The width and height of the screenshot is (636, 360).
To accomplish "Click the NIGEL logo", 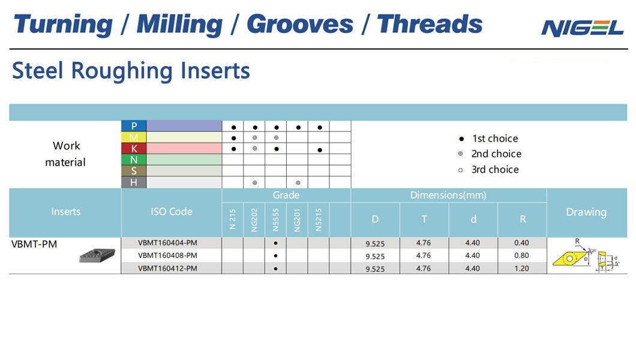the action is [583, 28].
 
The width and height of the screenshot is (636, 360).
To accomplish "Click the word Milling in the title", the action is [179, 25].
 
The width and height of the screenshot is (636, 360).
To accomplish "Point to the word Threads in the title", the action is [430, 25].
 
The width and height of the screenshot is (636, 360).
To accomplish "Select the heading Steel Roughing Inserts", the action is [131, 71].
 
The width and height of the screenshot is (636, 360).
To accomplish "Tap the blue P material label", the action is [134, 126].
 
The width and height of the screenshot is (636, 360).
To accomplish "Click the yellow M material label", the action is [134, 137].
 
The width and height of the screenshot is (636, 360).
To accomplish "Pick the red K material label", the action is [134, 148].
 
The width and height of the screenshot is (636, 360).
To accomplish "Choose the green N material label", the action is [134, 160].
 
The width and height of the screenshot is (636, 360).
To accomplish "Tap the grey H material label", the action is [134, 182].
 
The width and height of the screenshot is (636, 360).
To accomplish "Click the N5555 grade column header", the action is [276, 220].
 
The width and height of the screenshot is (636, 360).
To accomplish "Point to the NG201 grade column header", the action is [298, 220].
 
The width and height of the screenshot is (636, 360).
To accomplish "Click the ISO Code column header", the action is [172, 212].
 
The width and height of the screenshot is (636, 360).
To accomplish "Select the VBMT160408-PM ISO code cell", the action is [167, 256].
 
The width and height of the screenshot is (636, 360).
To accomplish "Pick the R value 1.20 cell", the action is [521, 268].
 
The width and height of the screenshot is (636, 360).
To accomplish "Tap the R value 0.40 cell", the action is [521, 243].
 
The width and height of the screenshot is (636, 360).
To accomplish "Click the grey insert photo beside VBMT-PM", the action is [97, 256].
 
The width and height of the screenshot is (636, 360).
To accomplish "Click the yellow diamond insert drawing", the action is [570, 258].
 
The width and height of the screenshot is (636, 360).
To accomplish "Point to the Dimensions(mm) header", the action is [448, 196].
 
